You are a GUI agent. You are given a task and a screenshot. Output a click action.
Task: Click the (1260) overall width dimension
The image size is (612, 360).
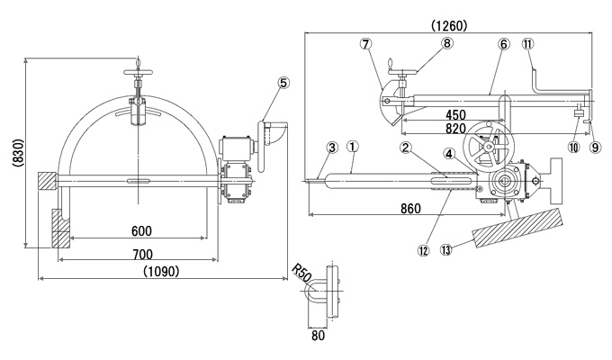(x=449, y=25)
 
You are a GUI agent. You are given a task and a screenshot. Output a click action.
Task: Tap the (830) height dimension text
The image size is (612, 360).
(x=18, y=153)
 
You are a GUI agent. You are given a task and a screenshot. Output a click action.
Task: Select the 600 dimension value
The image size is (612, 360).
(x=141, y=230)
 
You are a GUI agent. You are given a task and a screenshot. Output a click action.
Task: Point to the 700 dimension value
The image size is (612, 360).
(x=142, y=255)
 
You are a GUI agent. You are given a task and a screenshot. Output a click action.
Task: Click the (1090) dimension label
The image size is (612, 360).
(x=161, y=271)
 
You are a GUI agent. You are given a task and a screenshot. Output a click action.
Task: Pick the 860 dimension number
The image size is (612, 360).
(x=411, y=209)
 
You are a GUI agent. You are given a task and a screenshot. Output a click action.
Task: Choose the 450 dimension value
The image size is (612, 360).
(x=455, y=115)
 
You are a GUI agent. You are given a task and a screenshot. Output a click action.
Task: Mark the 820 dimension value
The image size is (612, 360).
(x=455, y=128)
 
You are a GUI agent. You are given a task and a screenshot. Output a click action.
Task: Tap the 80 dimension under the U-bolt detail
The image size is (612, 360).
(x=318, y=336)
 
